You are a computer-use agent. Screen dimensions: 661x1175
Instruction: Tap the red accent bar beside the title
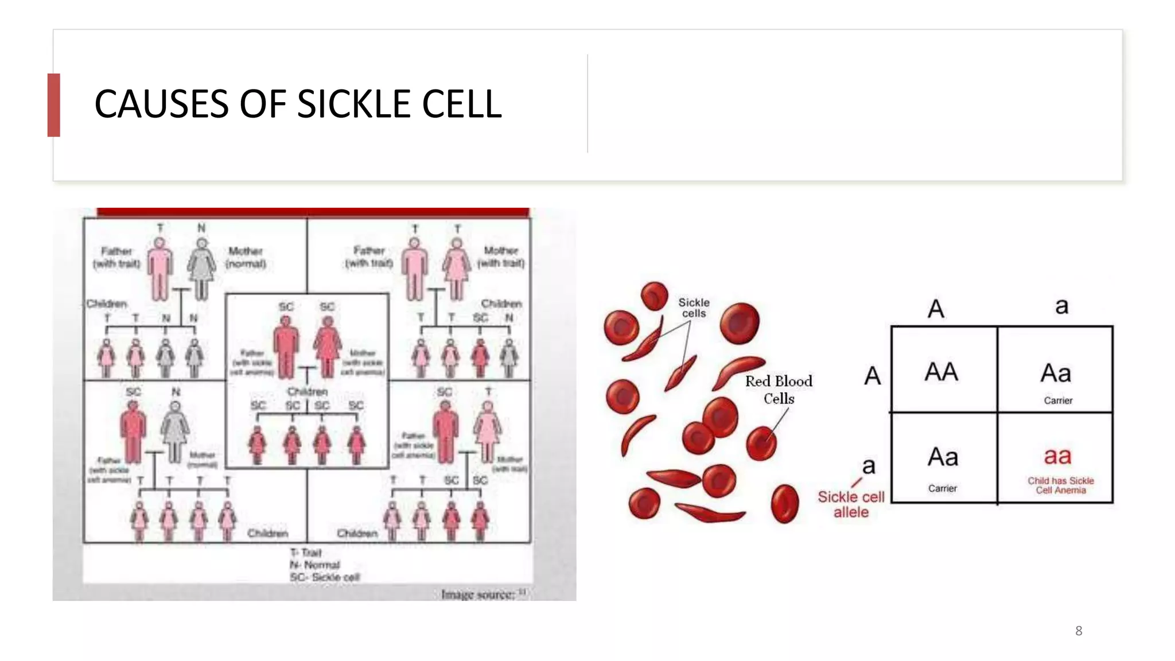click(54, 105)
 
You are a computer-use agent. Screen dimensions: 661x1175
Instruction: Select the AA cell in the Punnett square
click(941, 372)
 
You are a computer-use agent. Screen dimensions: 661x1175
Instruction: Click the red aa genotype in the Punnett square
click(1057, 456)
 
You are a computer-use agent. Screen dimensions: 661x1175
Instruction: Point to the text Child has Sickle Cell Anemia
click(1060, 485)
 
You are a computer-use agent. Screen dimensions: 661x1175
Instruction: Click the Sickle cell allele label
click(851, 504)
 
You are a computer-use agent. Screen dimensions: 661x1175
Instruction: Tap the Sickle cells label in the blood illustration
click(694, 308)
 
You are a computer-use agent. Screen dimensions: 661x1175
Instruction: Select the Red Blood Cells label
click(779, 390)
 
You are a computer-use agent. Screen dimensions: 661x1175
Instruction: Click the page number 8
click(1079, 631)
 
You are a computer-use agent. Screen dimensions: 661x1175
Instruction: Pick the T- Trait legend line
click(306, 553)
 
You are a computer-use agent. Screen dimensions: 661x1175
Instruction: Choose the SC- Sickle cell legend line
click(325, 577)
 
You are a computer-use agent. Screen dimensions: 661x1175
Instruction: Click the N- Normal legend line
click(314, 565)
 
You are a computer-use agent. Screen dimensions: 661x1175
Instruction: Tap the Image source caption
click(482, 594)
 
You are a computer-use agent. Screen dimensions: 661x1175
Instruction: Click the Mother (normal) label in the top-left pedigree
click(246, 258)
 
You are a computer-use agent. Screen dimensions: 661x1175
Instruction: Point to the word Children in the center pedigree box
click(308, 392)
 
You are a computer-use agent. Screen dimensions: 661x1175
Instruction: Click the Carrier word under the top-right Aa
click(1058, 401)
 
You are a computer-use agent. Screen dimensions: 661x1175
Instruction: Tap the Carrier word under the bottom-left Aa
click(942, 488)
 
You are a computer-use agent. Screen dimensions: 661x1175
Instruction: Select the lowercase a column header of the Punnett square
click(1061, 306)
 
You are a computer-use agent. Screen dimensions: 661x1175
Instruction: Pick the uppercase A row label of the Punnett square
click(872, 376)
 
